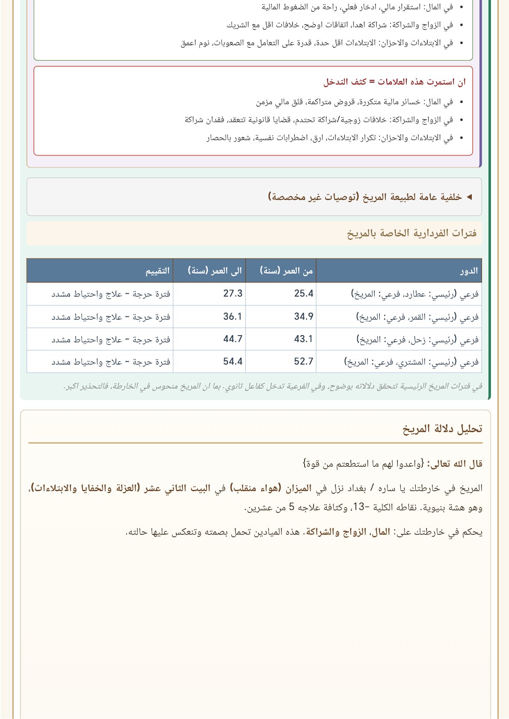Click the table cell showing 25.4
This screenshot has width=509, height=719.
pyautogui.click(x=304, y=294)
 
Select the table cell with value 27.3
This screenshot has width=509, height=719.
pyautogui.click(x=233, y=294)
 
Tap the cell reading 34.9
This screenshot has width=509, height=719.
pyautogui.click(x=304, y=317)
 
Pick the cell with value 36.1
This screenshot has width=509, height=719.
pyautogui.click(x=233, y=317)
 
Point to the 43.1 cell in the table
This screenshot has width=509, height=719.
pyautogui.click(x=304, y=339)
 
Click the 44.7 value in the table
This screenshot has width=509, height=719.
pyautogui.click(x=233, y=339)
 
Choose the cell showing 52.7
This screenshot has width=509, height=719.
pyautogui.click(x=304, y=362)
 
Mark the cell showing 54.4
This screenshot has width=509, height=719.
pyautogui.click(x=233, y=362)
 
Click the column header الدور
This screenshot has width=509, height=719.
pyautogui.click(x=469, y=271)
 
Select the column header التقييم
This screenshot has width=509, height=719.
pyautogui.click(x=158, y=271)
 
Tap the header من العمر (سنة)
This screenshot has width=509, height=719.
pyautogui.click(x=286, y=271)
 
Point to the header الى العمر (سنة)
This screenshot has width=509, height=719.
pyautogui.click(x=215, y=271)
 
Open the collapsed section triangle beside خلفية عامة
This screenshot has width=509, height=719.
pyautogui.click(x=469, y=197)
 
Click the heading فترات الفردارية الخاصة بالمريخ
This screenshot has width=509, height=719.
pyautogui.click(x=411, y=233)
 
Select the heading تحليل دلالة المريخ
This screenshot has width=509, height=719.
pyautogui.click(x=442, y=429)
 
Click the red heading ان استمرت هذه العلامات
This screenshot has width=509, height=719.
pyautogui.click(x=394, y=82)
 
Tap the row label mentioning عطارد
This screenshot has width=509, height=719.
pyautogui.click(x=414, y=294)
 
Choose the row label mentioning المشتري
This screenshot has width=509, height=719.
pyautogui.click(x=411, y=362)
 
